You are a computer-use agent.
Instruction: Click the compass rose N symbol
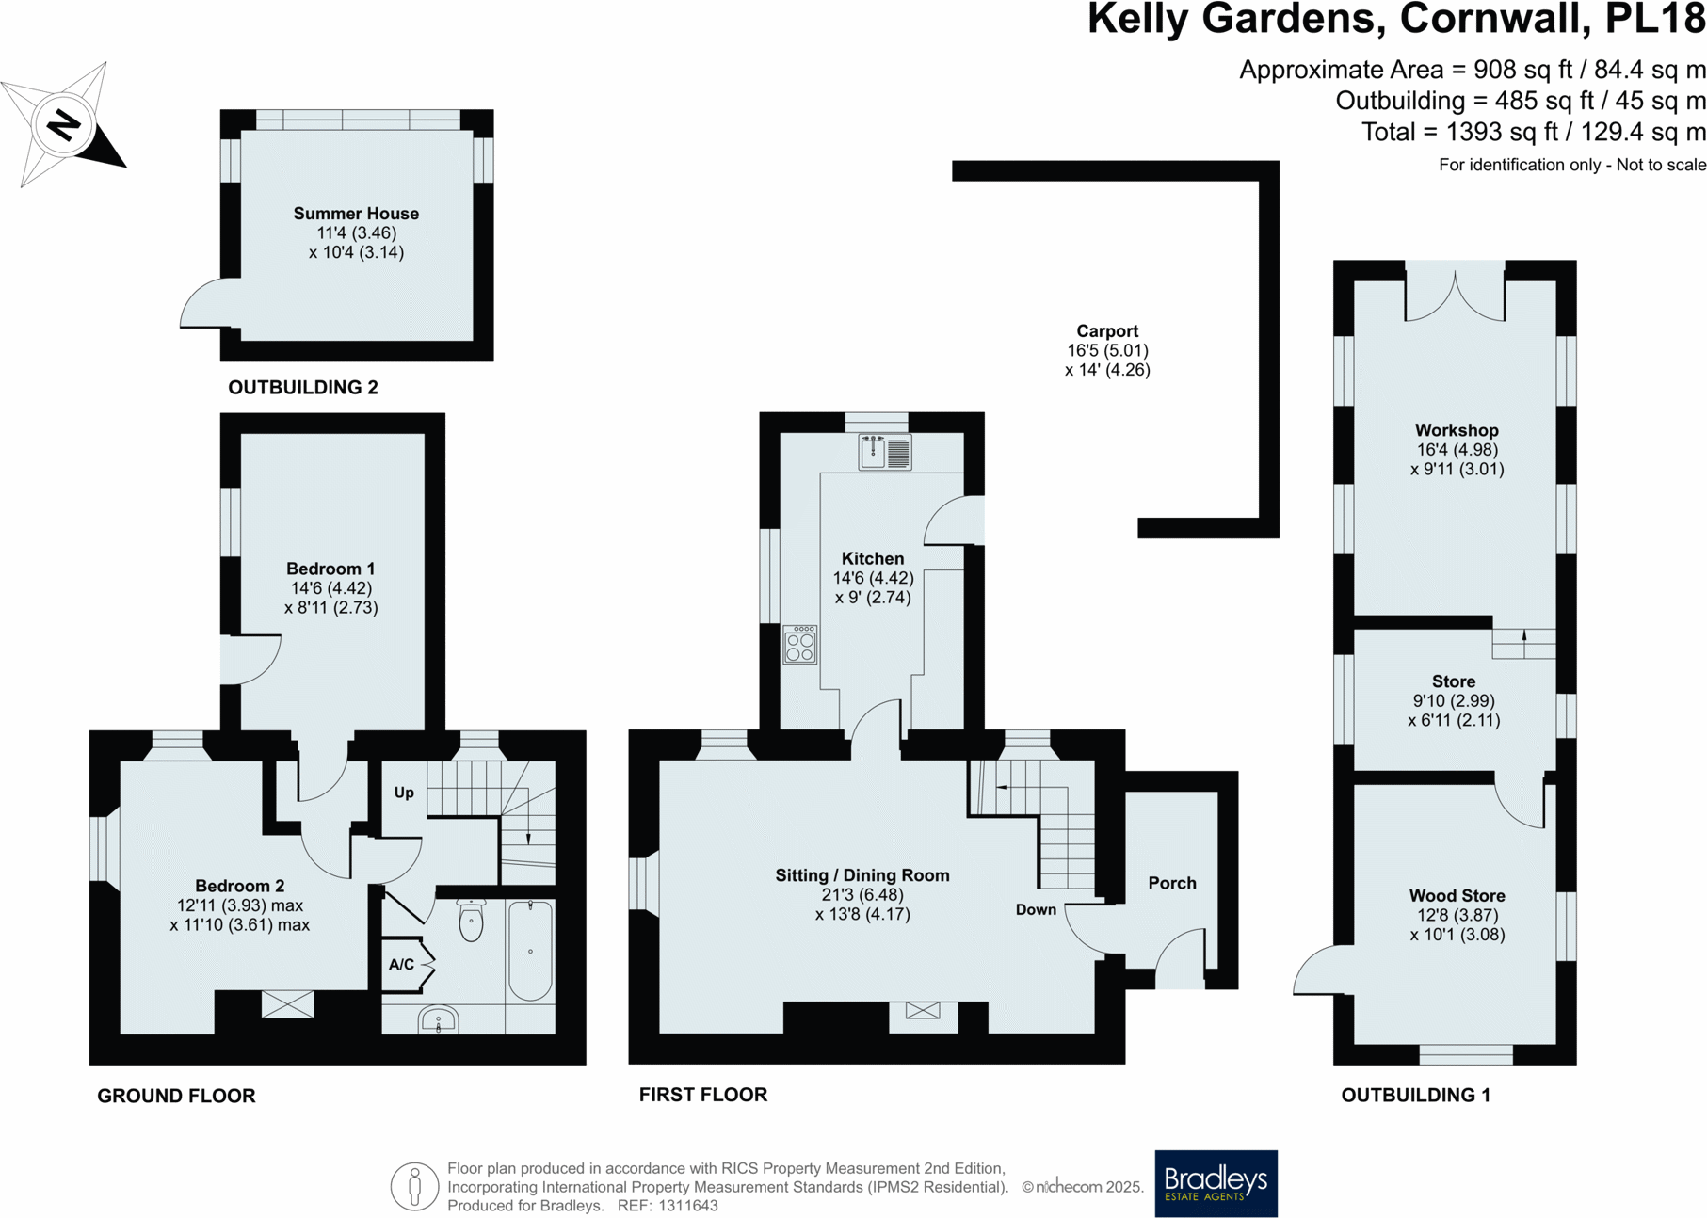coord(64,124)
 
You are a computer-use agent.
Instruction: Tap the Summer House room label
coord(356,214)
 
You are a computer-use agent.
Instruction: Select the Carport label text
coord(1107,330)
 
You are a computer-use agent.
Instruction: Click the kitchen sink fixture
coord(885,452)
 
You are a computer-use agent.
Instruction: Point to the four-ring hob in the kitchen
coord(800,645)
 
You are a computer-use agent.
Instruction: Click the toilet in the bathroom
coord(471,920)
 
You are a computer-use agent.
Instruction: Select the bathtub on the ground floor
coord(530,950)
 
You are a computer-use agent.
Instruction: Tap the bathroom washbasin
coord(438,1019)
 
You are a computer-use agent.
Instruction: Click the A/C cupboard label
coord(401,964)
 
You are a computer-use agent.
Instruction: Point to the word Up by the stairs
coord(404,793)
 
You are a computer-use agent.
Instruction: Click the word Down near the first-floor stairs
coord(1036,909)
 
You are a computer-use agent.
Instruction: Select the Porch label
coord(1172,883)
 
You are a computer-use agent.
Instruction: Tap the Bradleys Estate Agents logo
coord(1216,1183)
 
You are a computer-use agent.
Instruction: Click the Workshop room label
coord(1457,430)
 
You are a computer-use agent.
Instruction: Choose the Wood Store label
coord(1457,895)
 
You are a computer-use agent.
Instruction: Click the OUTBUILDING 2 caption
coord(303,387)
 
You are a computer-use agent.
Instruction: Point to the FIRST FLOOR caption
coord(703,1095)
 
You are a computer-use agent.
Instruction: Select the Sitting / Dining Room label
coord(862,875)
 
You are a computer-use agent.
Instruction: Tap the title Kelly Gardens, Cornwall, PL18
coord(1396,19)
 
